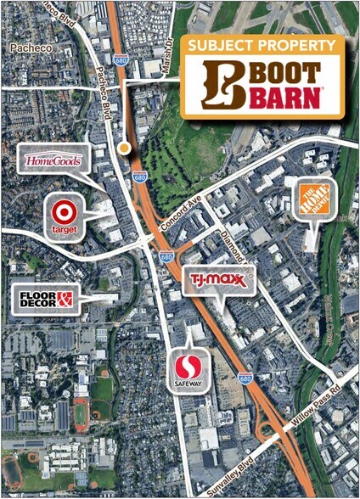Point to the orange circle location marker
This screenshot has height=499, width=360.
pos(125,149)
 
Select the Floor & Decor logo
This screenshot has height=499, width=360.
pos(45,298)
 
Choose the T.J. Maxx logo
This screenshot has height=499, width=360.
pos(217,279)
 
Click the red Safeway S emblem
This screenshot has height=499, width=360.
pos(188,367)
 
